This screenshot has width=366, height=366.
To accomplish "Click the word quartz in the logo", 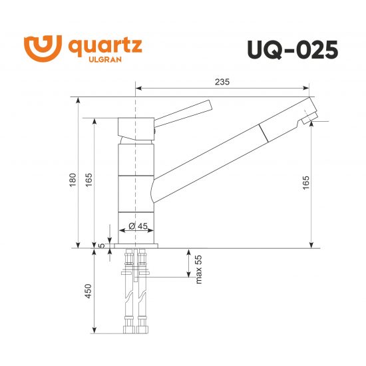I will click(104, 47).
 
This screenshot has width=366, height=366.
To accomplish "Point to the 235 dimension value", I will click(222, 82).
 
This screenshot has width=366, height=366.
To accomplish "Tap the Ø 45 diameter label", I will click(137, 226).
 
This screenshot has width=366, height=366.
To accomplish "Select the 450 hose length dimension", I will click(89, 291).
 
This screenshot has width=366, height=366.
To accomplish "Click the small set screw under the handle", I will click(155, 132).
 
